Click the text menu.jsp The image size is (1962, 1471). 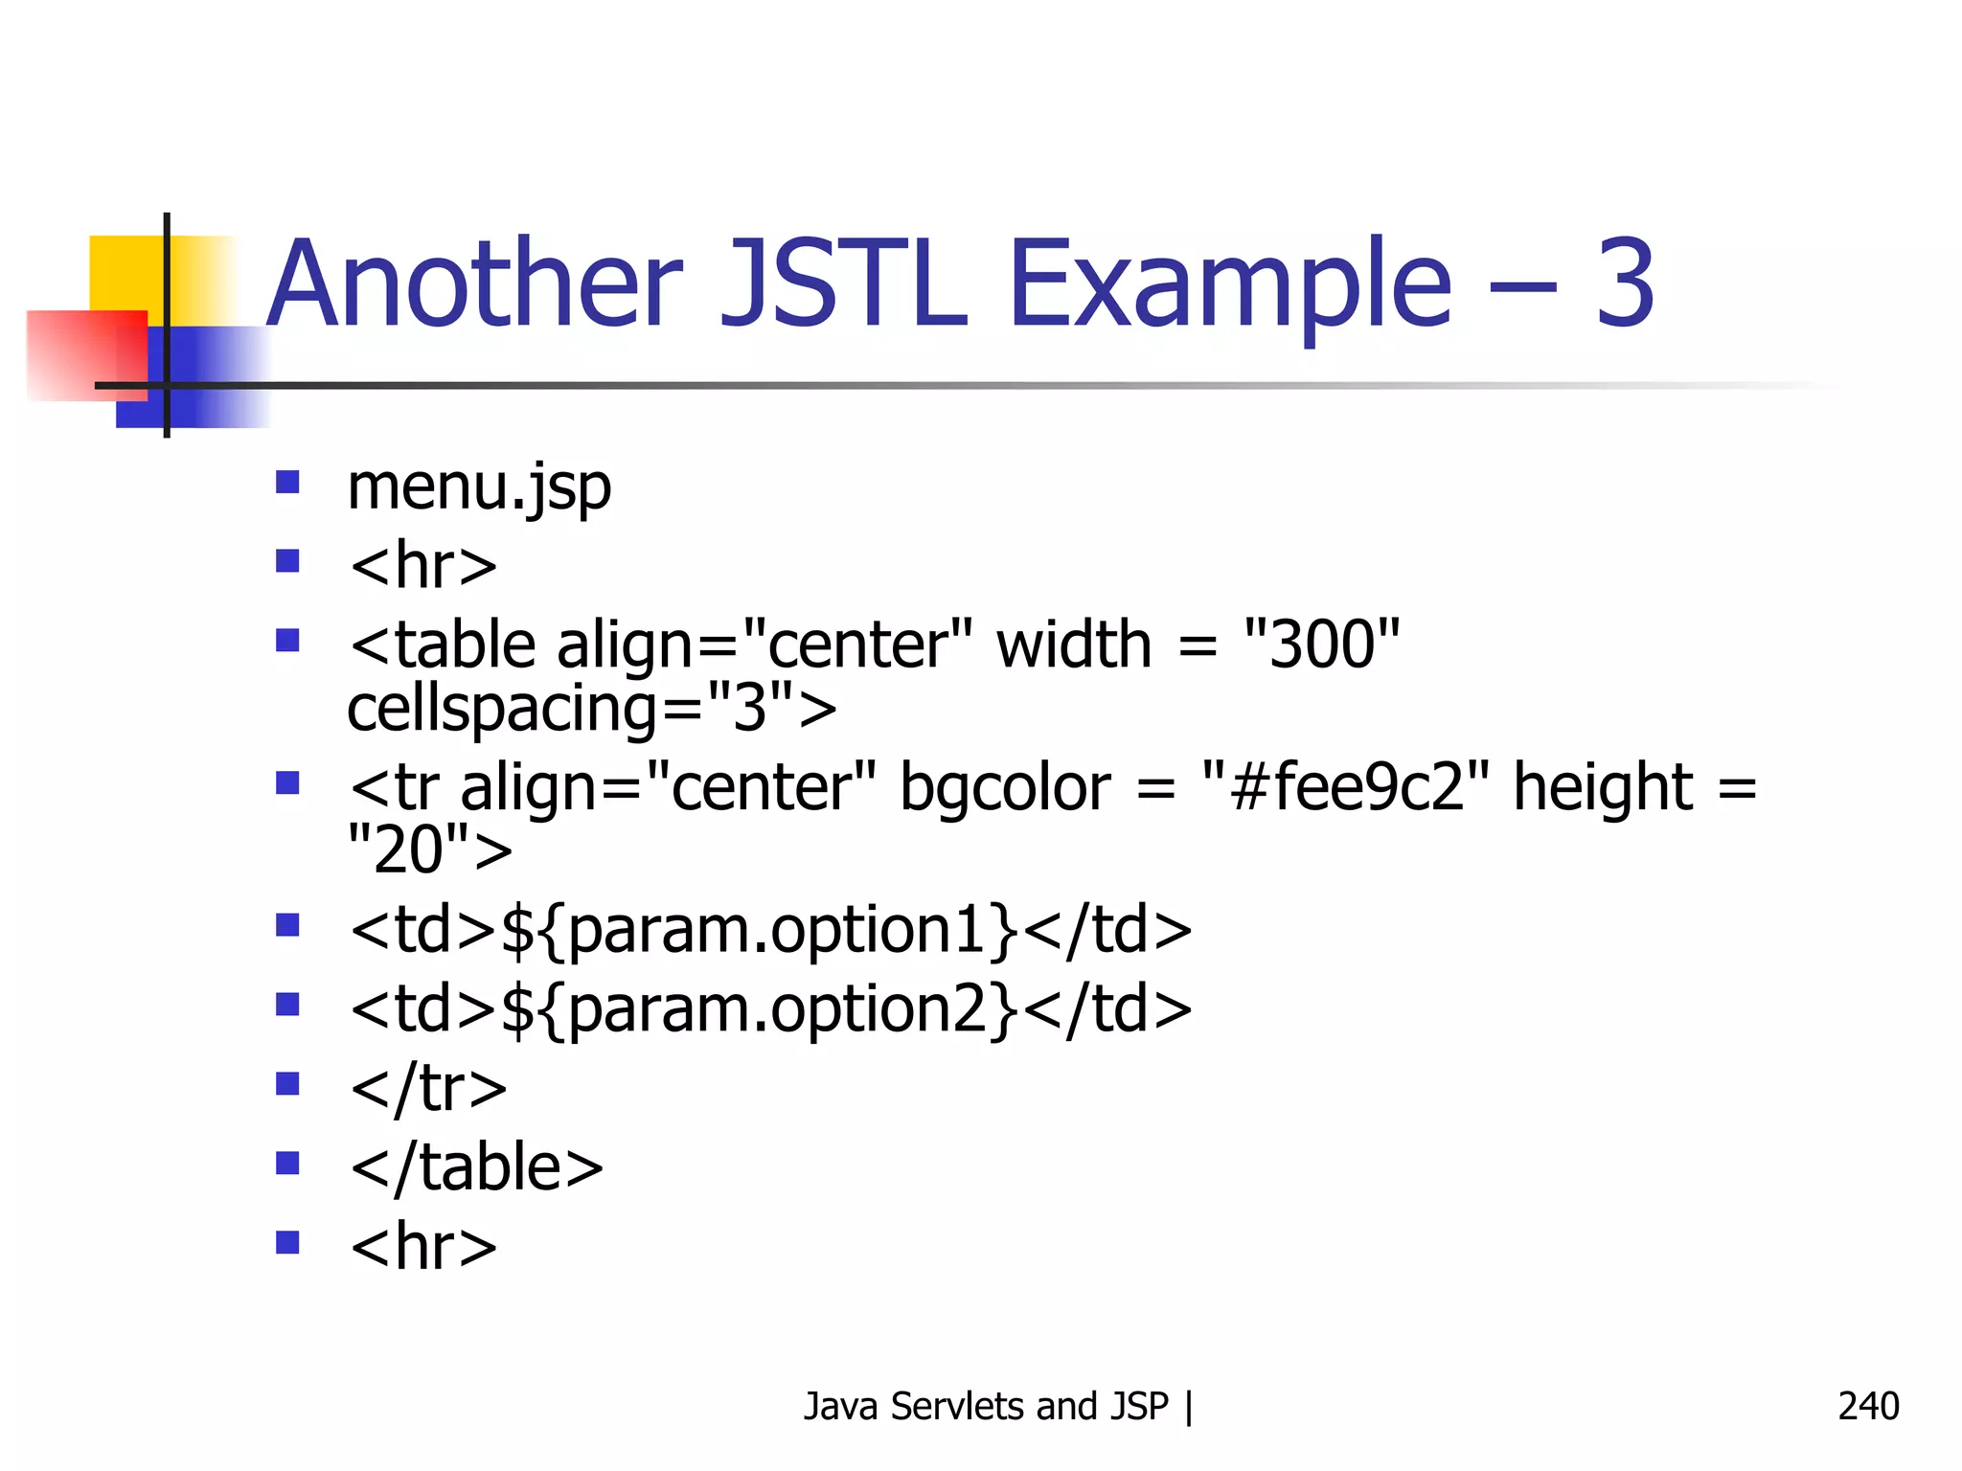479,487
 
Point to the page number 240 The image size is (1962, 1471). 1868,1406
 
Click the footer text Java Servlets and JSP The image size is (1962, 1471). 987,1406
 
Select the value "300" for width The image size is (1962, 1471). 1322,644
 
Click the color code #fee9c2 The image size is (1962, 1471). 1346,787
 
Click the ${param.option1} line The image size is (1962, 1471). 771,929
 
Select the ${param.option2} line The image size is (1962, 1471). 771,1008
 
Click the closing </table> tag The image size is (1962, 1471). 477,1167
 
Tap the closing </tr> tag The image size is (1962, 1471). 428,1088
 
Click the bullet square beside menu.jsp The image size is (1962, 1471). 287,481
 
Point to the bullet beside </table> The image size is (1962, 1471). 287,1163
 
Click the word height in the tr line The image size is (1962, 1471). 1603,787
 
